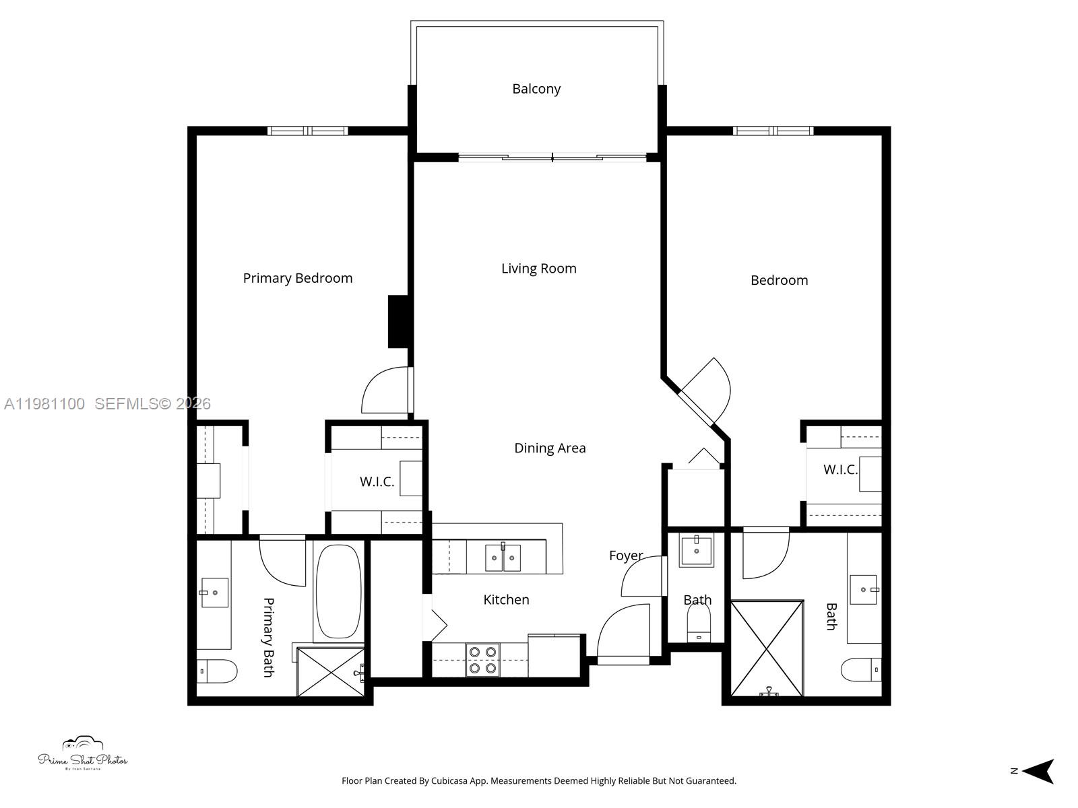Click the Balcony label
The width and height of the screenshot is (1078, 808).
pos(536,89)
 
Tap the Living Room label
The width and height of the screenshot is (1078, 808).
pos(538,269)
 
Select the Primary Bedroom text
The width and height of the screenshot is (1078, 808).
pos(297,278)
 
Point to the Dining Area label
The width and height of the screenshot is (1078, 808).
pos(550,448)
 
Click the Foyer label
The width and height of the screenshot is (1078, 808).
pos(626,555)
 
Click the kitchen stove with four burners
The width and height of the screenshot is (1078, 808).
pos(482,660)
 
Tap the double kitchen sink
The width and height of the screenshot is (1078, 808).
pos(503,558)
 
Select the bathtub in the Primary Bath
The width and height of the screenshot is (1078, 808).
pos(339,591)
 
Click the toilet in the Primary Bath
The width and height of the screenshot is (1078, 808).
pos(217,671)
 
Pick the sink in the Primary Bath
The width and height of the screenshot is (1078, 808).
pos(214,593)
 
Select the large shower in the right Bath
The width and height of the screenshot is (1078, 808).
pos(767,648)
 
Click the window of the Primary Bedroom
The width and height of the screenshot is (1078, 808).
pos(308,131)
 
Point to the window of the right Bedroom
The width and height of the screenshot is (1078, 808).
pos(773,131)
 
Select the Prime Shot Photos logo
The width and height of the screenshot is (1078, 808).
pos(82,755)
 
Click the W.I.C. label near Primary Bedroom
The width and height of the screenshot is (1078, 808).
pos(377,482)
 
